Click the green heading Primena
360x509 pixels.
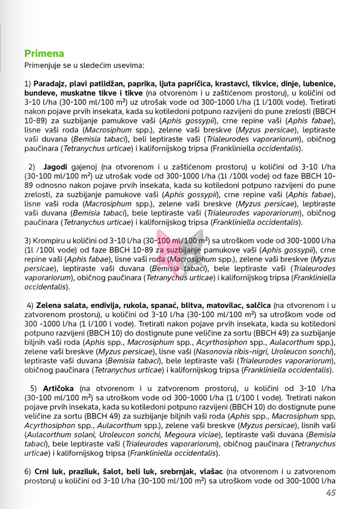[44, 54]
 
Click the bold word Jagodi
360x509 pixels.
[55, 167]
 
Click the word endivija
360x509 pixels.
[99, 306]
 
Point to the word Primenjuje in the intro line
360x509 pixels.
[45, 65]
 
